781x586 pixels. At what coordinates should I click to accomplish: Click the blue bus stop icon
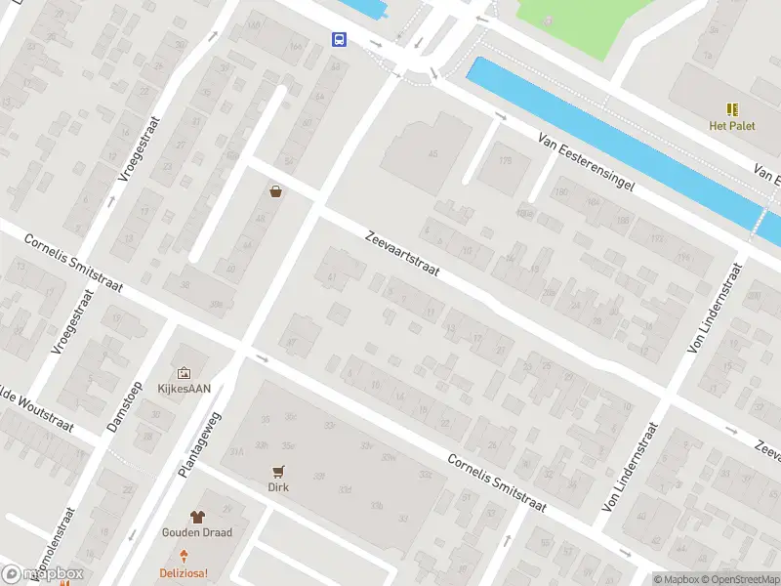[339, 39]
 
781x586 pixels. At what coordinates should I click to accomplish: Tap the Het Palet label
[732, 125]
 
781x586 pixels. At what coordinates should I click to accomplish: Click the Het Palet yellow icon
[732, 108]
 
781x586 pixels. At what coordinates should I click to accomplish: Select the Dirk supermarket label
[280, 486]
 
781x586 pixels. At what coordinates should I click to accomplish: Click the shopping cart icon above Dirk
[280, 470]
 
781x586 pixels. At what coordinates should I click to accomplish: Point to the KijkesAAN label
[184, 388]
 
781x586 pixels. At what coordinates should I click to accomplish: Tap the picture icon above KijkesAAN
[184, 371]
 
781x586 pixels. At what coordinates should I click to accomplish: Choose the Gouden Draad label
[197, 533]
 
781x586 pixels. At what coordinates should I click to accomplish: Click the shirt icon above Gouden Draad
[197, 516]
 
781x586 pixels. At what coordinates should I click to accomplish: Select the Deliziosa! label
[185, 573]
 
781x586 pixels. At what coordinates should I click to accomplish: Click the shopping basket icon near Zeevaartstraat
[276, 191]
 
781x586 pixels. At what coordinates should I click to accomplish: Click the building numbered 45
[432, 153]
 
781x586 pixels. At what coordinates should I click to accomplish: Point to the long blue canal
[615, 137]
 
